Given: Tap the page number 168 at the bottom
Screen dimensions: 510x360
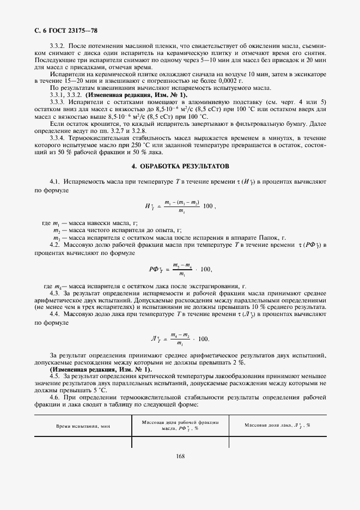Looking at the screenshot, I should pyautogui.click(x=181, y=457).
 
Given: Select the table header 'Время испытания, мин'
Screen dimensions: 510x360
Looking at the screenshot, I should pyautogui.click(x=82, y=426).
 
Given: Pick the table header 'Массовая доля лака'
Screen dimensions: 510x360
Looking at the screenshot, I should pyautogui.click(x=277, y=425).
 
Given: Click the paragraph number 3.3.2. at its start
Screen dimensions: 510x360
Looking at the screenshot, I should pyautogui.click(x=57, y=47).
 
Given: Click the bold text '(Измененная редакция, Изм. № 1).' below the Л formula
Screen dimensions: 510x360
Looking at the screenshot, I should pyautogui.click(x=101, y=370).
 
